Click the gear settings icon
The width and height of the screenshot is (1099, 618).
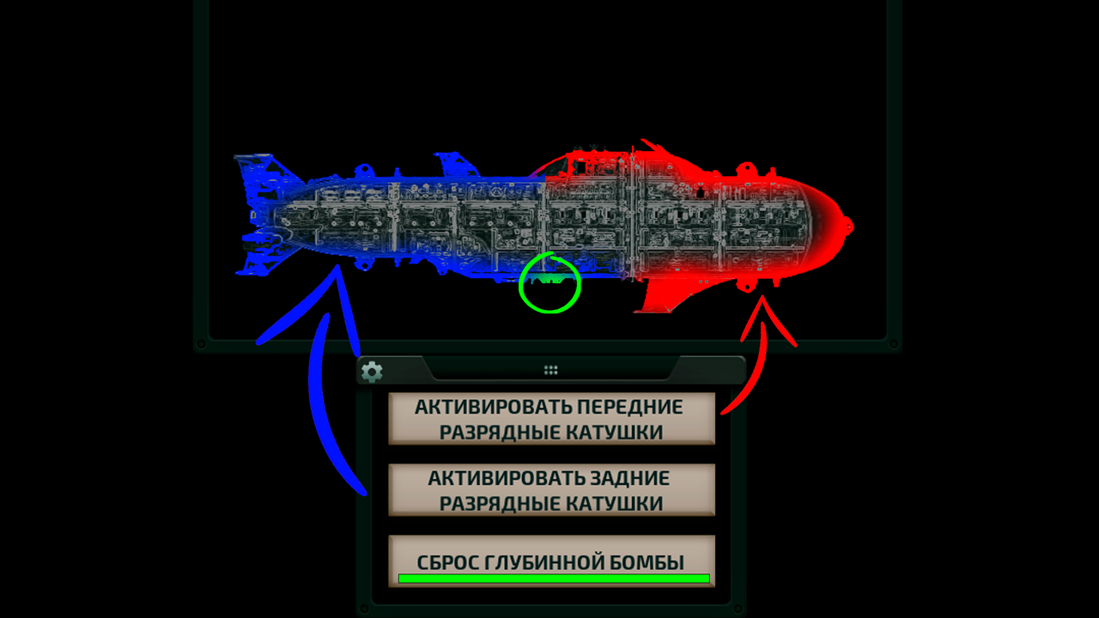click(372, 372)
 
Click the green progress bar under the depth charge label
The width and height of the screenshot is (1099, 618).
click(554, 579)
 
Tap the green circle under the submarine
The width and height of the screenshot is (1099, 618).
click(549, 282)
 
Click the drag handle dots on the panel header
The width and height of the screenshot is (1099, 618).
click(551, 370)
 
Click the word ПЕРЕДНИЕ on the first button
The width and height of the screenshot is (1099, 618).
click(630, 407)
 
